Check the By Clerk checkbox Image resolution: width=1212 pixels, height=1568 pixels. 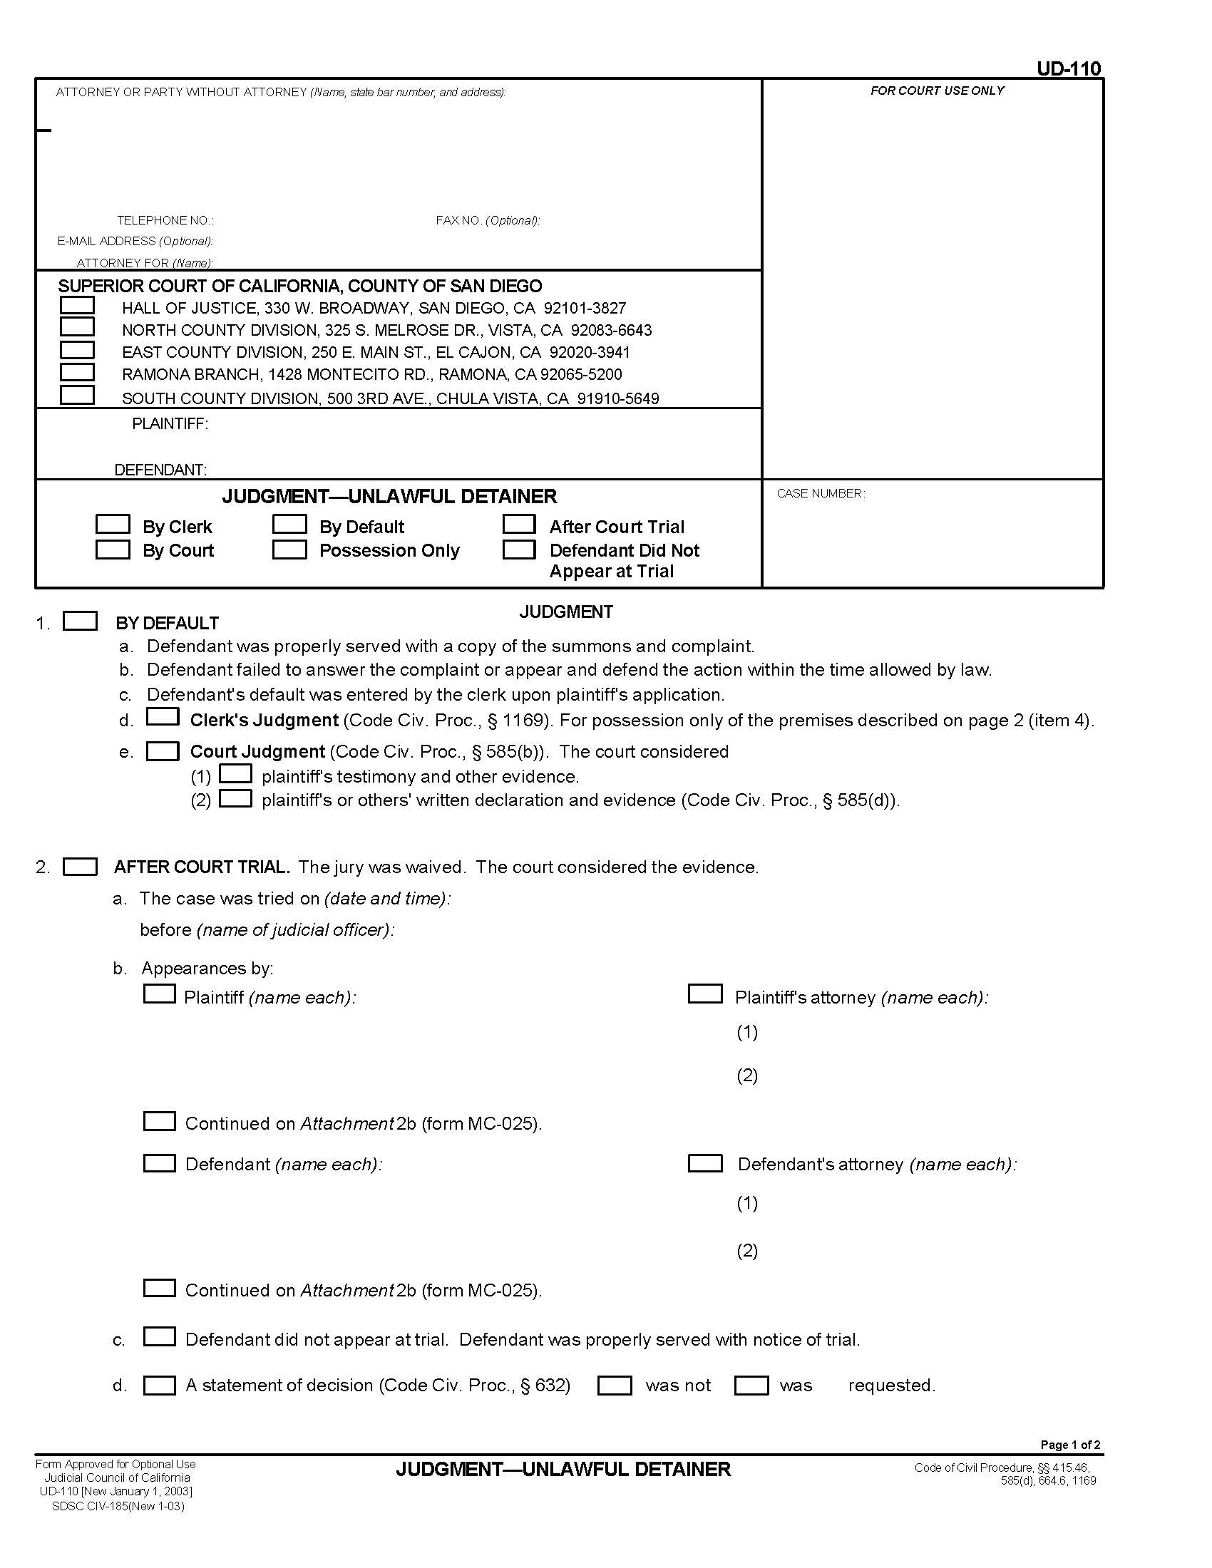coord(113,524)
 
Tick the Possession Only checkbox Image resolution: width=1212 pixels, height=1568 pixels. coord(289,550)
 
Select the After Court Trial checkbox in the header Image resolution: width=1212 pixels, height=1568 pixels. coord(519,524)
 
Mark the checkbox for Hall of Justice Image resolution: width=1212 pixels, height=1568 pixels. coord(77,305)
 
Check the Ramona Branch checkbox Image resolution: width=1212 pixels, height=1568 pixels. coord(77,372)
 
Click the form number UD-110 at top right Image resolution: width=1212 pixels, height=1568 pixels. coord(1068,69)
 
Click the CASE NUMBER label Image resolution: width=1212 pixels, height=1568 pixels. coord(821,493)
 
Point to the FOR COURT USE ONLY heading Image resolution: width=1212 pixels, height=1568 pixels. coord(937,91)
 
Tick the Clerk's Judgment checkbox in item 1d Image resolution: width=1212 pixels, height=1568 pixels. coord(163,716)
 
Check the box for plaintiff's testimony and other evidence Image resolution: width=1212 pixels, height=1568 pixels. coord(235,773)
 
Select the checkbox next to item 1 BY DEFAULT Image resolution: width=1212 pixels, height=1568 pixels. coord(81,621)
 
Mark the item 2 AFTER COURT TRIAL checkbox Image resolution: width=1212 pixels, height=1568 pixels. coord(81,867)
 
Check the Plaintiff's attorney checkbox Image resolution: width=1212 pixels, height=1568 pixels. coord(705,994)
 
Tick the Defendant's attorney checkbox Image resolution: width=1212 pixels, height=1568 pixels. coord(705,1164)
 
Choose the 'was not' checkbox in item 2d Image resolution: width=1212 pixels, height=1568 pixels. coord(615,1386)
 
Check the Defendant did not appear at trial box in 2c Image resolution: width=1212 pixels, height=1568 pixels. coord(160,1337)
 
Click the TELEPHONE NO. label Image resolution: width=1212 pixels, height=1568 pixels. coord(165,220)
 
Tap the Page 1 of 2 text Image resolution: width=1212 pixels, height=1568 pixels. coord(1070,1445)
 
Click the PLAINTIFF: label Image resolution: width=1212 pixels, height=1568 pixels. coord(170,424)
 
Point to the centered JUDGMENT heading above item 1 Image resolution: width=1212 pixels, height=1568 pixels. coord(566,612)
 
